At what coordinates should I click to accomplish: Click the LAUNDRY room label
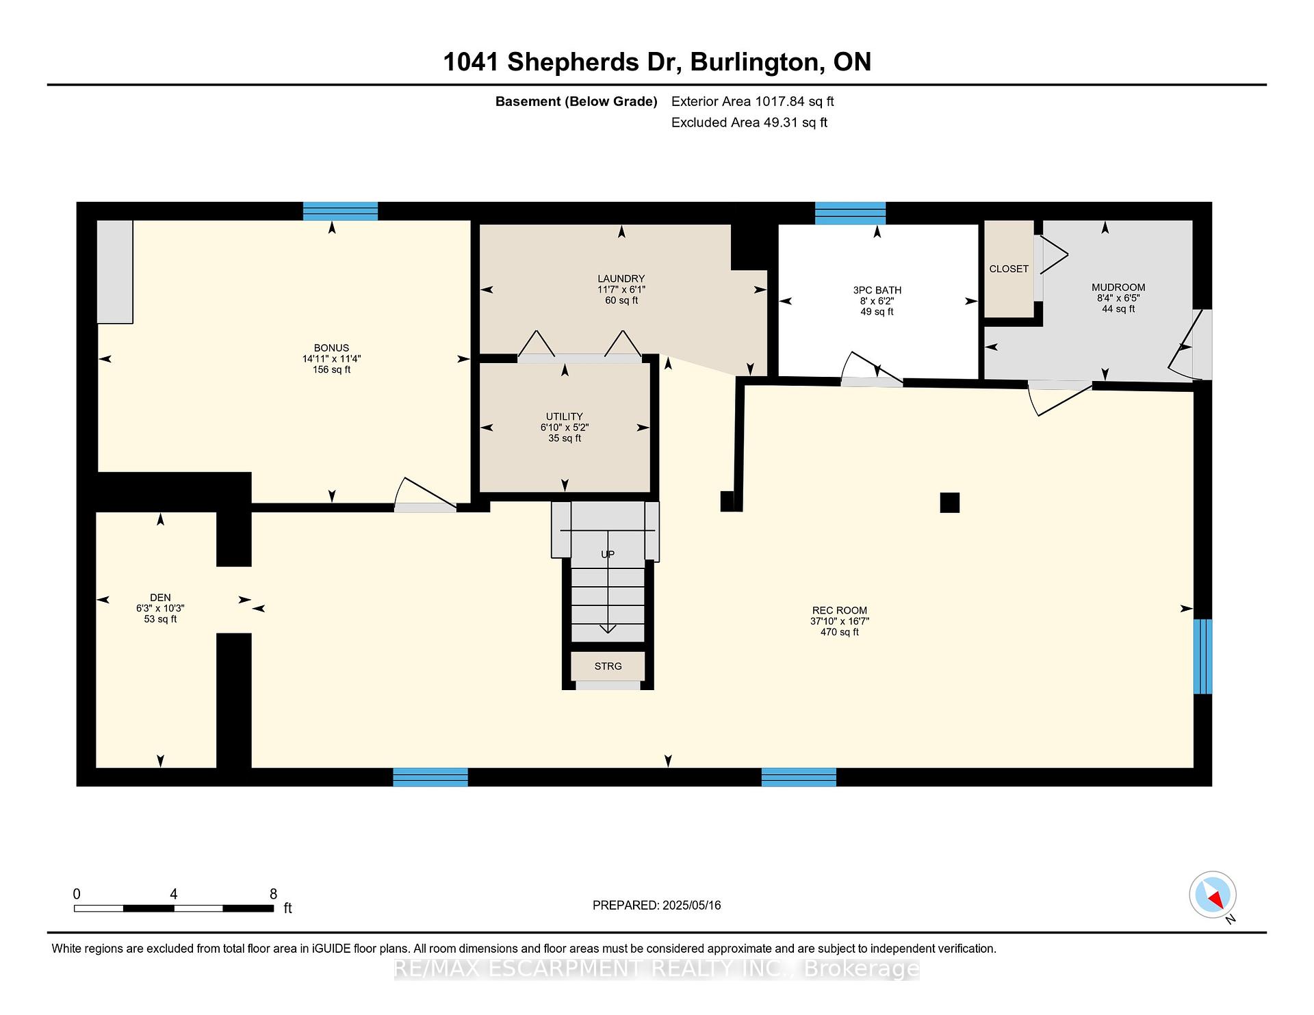[x=621, y=278]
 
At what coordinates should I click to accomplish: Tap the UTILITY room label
[x=565, y=417]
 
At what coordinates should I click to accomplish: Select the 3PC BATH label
[x=877, y=290]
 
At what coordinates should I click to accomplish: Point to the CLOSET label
[x=1009, y=269]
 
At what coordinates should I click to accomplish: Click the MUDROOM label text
[x=1118, y=287]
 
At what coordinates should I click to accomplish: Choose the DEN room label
[x=160, y=598]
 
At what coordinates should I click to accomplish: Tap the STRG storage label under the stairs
[x=608, y=666]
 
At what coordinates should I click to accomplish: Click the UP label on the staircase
[x=608, y=555]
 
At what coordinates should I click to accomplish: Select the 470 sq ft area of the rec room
[x=840, y=632]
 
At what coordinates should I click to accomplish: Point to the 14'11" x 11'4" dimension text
[x=331, y=358]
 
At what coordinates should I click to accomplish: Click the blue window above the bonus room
[x=340, y=211]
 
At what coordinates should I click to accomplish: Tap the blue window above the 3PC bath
[x=850, y=213]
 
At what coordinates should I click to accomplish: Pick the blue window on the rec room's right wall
[x=1202, y=657]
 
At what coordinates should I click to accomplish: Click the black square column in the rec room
[x=950, y=503]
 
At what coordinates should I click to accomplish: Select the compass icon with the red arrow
[x=1213, y=895]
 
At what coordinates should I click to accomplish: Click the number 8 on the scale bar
[x=273, y=894]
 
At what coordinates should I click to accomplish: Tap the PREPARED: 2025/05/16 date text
[x=657, y=906]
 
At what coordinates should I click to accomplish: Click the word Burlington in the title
[x=754, y=62]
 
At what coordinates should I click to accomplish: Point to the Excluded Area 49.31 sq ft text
[x=749, y=122]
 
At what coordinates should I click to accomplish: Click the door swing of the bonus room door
[x=424, y=491]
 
